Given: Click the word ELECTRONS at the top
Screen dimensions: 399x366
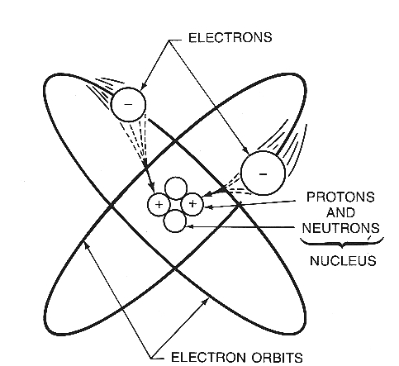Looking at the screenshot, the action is tap(230, 37).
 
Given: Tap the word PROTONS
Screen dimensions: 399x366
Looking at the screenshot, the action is tap(340, 197).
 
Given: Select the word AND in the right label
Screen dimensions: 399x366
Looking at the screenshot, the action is tap(340, 212).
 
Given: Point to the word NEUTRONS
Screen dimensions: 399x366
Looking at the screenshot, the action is tap(340, 228).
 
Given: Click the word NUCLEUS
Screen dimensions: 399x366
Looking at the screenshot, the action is tap(343, 261).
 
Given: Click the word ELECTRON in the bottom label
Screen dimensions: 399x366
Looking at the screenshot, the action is tap(209, 358).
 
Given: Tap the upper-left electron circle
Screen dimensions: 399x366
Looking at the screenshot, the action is tap(128, 104).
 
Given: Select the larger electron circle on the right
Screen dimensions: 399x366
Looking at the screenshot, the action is tap(263, 173).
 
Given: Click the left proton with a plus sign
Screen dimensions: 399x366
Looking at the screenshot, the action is tap(159, 205).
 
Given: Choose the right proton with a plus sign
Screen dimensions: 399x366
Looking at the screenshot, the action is tap(192, 204).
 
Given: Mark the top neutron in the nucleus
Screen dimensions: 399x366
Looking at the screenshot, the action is tap(176, 188).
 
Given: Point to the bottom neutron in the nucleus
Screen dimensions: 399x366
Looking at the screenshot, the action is tap(174, 221).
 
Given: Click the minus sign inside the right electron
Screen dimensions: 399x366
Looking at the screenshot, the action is tap(263, 174).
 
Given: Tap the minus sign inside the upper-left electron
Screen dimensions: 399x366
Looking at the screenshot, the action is tap(128, 104).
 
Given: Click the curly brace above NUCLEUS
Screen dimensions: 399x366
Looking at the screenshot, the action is tap(342, 242).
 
